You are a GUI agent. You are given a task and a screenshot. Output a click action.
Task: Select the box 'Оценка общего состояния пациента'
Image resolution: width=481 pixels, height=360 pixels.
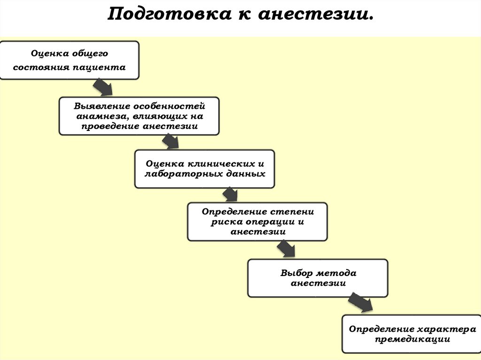[x=70, y=60]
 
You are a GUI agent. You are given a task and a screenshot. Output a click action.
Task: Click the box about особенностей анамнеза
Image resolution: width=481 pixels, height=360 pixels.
[x=139, y=116]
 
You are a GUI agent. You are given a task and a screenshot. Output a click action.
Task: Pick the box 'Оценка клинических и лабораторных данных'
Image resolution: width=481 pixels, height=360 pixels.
[x=204, y=169]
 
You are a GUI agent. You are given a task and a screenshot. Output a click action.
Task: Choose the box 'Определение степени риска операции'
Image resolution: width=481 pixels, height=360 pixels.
[x=257, y=222]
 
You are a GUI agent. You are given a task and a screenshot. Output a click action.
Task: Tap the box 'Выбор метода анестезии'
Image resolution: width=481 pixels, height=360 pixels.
[x=318, y=278]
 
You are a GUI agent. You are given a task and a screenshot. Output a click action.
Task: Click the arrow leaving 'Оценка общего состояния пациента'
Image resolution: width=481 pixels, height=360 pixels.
[x=103, y=88]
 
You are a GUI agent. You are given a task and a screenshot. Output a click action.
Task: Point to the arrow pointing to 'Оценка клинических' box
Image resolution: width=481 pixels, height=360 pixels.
[x=170, y=141]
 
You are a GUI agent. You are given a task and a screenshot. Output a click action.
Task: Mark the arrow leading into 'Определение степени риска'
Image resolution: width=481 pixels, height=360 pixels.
[x=230, y=194]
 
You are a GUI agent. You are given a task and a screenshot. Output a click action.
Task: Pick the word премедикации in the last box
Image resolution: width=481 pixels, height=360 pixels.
[x=412, y=338]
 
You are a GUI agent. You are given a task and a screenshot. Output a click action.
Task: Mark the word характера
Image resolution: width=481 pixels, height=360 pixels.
[x=446, y=329]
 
